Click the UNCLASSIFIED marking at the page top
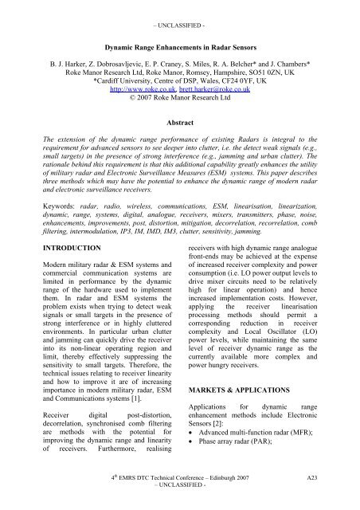179,7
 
